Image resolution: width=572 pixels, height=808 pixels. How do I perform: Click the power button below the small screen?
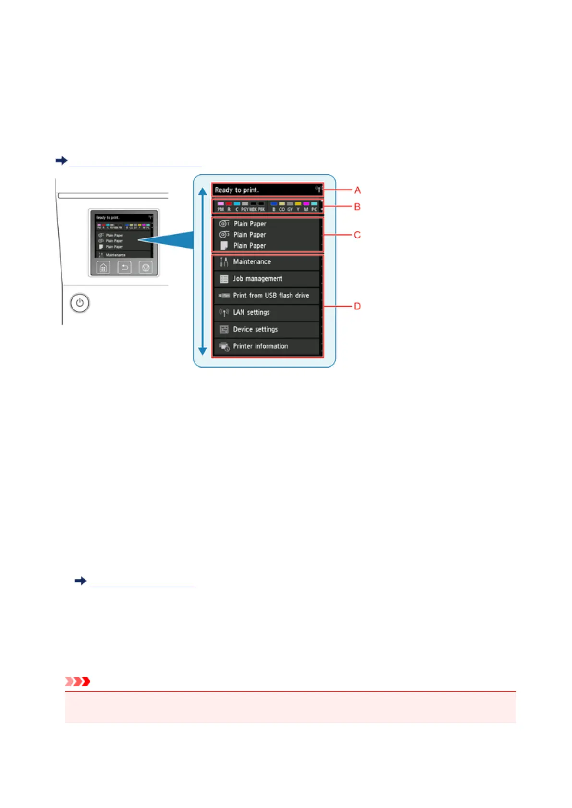click(80, 303)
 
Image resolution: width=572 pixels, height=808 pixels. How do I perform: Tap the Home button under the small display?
click(103, 267)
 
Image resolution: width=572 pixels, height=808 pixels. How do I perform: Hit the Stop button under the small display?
click(146, 267)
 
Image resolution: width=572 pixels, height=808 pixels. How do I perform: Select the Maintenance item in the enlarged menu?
click(267, 262)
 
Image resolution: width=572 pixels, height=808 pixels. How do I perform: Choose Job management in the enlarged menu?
click(267, 279)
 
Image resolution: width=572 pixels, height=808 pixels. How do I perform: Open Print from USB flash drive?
click(267, 296)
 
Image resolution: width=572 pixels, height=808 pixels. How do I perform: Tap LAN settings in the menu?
click(267, 312)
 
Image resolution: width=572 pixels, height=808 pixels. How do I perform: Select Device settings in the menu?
click(267, 329)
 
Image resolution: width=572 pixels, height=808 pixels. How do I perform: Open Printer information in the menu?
click(267, 346)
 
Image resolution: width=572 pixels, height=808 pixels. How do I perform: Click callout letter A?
click(357, 190)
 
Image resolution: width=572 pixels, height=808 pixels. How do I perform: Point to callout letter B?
click(357, 207)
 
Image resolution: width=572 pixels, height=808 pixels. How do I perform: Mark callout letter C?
click(357, 235)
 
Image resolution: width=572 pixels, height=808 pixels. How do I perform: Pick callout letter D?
click(357, 306)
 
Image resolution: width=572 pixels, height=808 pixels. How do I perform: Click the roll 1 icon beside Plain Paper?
click(224, 224)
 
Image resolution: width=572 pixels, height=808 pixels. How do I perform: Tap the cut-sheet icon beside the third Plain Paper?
click(224, 246)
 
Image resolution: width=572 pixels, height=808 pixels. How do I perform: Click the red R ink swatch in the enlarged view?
click(229, 204)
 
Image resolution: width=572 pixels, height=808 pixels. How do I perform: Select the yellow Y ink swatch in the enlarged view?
click(298, 204)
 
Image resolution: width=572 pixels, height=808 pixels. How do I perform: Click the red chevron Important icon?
click(78, 681)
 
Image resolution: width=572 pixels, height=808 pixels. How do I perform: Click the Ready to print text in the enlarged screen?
click(237, 190)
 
